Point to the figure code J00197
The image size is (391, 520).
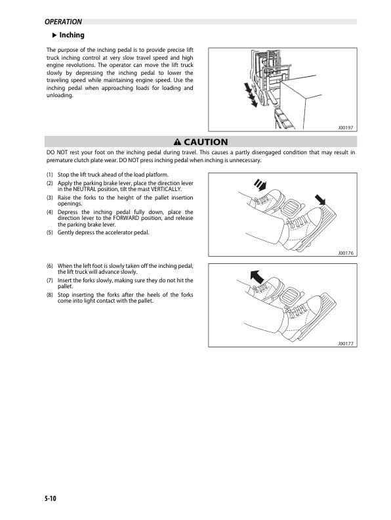(344, 128)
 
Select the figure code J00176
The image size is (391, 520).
(344, 252)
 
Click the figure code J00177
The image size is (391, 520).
(344, 343)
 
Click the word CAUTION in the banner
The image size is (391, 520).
(205, 142)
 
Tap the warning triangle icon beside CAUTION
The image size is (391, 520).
(177, 142)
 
